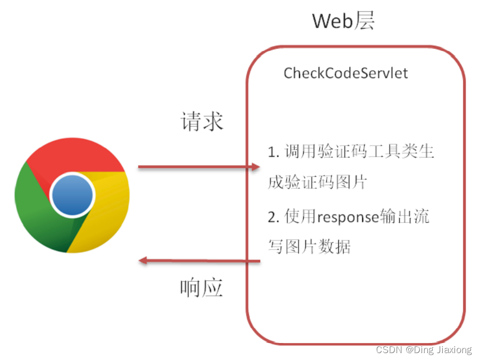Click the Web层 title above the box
pyautogui.click(x=344, y=21)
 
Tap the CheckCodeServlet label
pyautogui.click(x=346, y=73)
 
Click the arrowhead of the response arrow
pyautogui.click(x=143, y=260)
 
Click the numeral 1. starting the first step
pyautogui.click(x=273, y=152)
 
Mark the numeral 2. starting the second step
pyautogui.click(x=273, y=217)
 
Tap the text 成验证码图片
pyautogui.click(x=317, y=182)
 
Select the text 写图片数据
pyautogui.click(x=309, y=247)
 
